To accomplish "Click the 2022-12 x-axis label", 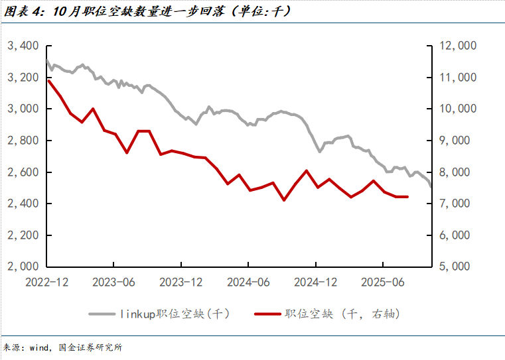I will (46, 282).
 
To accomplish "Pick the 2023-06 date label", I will (113, 282).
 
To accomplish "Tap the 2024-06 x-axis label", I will (248, 282).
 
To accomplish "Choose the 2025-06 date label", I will (382, 282).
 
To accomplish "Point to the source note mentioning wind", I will (64, 347).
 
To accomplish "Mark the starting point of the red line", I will (48, 81).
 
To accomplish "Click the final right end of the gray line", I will (431, 187).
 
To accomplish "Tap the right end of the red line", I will (407, 197).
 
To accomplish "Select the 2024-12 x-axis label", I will (315, 282).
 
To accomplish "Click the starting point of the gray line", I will (47, 60).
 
